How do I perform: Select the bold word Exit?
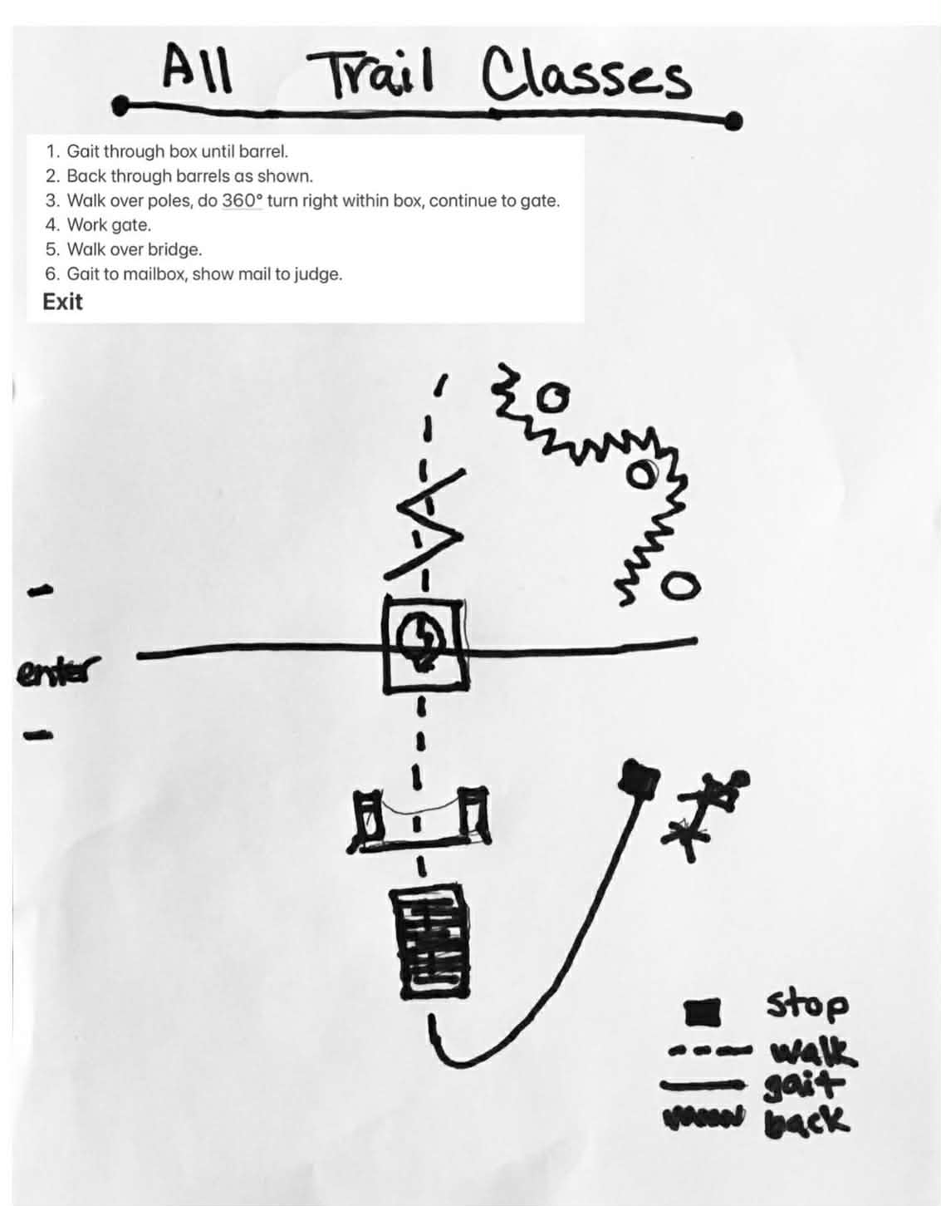click(62, 302)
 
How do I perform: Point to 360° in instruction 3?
click(242, 200)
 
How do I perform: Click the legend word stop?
click(806, 1003)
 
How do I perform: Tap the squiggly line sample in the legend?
click(703, 1120)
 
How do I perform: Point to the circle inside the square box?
click(424, 640)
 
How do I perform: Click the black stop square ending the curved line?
click(640, 780)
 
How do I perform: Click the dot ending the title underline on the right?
click(733, 122)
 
